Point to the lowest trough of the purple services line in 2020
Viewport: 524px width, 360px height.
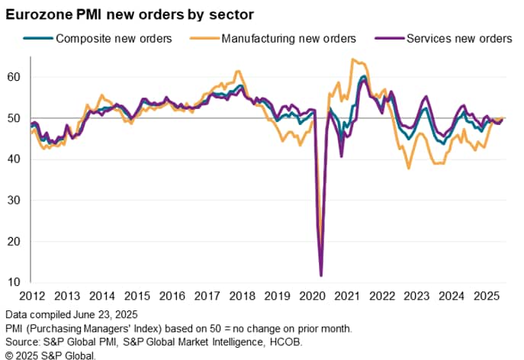click(x=321, y=275)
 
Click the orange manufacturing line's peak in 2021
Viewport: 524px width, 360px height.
click(x=352, y=59)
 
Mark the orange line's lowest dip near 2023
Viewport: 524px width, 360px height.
click(x=409, y=168)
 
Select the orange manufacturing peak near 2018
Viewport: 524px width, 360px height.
click(x=237, y=72)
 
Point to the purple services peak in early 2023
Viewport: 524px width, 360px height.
click(x=426, y=97)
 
